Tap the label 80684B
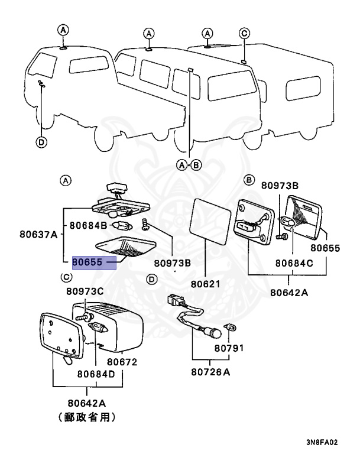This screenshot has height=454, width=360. point(88,225)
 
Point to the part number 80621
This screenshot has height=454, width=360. point(205,284)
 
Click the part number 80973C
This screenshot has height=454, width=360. point(85,291)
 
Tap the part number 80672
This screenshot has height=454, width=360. point(121,361)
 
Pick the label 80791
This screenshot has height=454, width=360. point(229,348)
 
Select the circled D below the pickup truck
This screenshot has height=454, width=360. point(41,142)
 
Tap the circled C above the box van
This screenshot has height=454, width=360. point(243,34)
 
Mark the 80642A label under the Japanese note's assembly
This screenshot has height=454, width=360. point(87,403)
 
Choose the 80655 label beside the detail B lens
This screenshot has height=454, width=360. point(326,248)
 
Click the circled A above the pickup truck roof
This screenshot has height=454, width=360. point(63,31)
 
